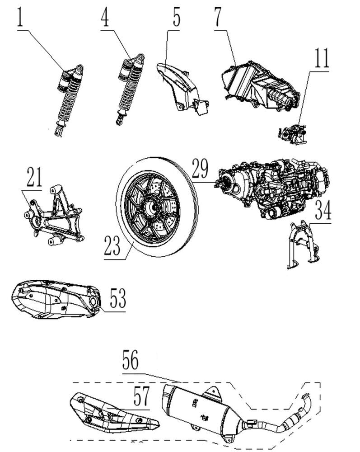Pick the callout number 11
[x=322, y=58]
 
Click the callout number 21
[x=34, y=178]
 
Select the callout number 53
[x=117, y=299]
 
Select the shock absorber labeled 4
[x=130, y=89]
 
